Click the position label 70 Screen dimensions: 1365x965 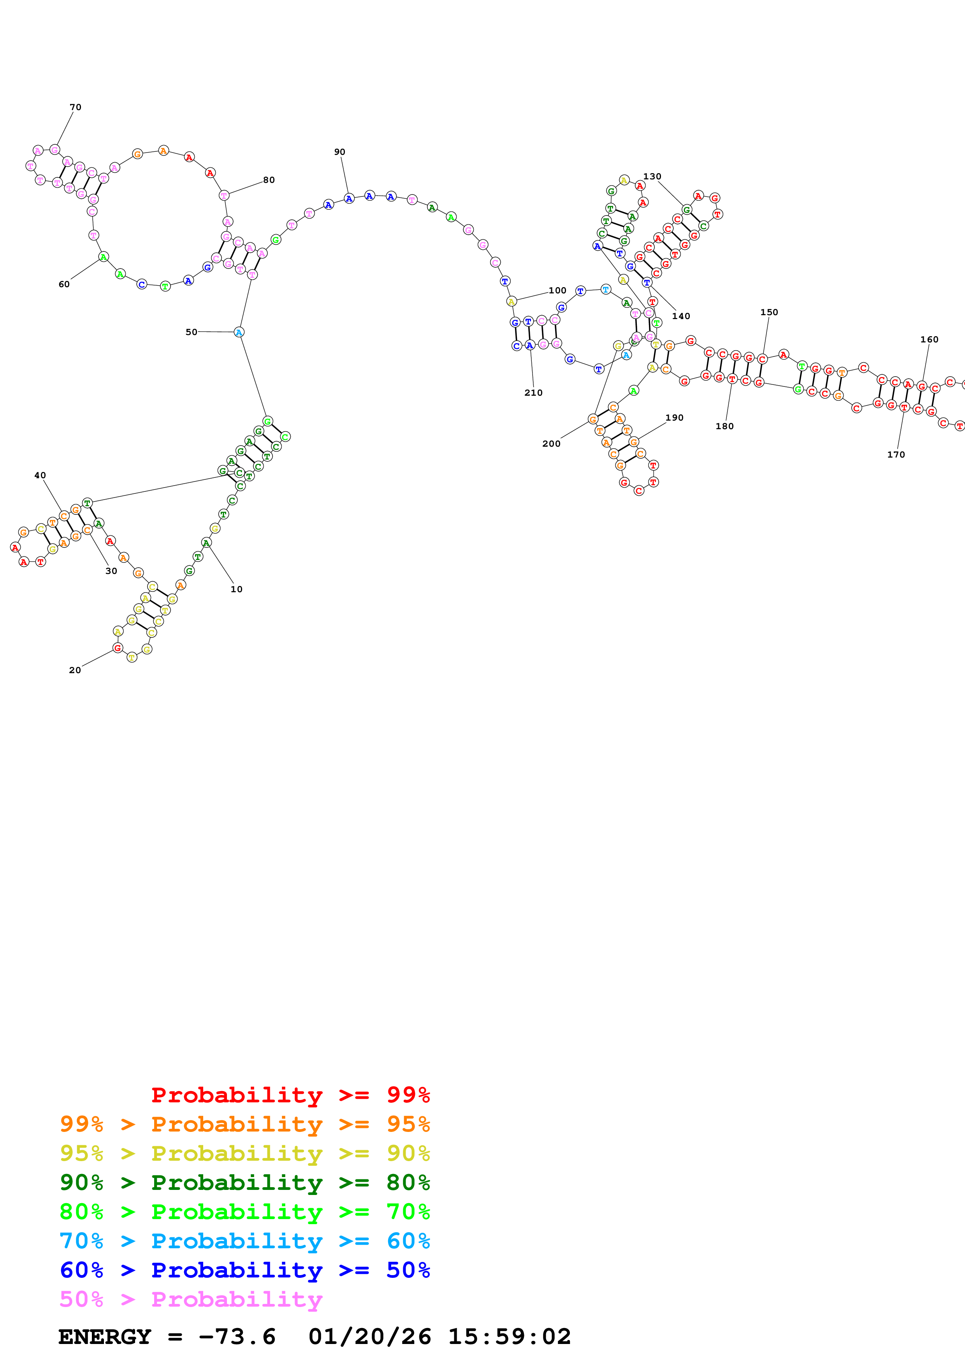[76, 107]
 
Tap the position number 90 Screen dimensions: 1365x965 [339, 152]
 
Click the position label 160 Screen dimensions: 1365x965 [929, 339]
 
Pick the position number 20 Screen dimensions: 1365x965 [75, 670]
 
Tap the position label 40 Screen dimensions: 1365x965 [40, 475]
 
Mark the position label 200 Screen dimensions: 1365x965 [551, 444]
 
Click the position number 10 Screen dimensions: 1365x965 [237, 589]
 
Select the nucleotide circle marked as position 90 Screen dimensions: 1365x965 [349, 198]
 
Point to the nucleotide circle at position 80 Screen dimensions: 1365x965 [224, 195]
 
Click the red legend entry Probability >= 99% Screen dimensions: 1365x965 [290, 1095]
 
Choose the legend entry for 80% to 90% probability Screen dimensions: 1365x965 [244, 1183]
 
